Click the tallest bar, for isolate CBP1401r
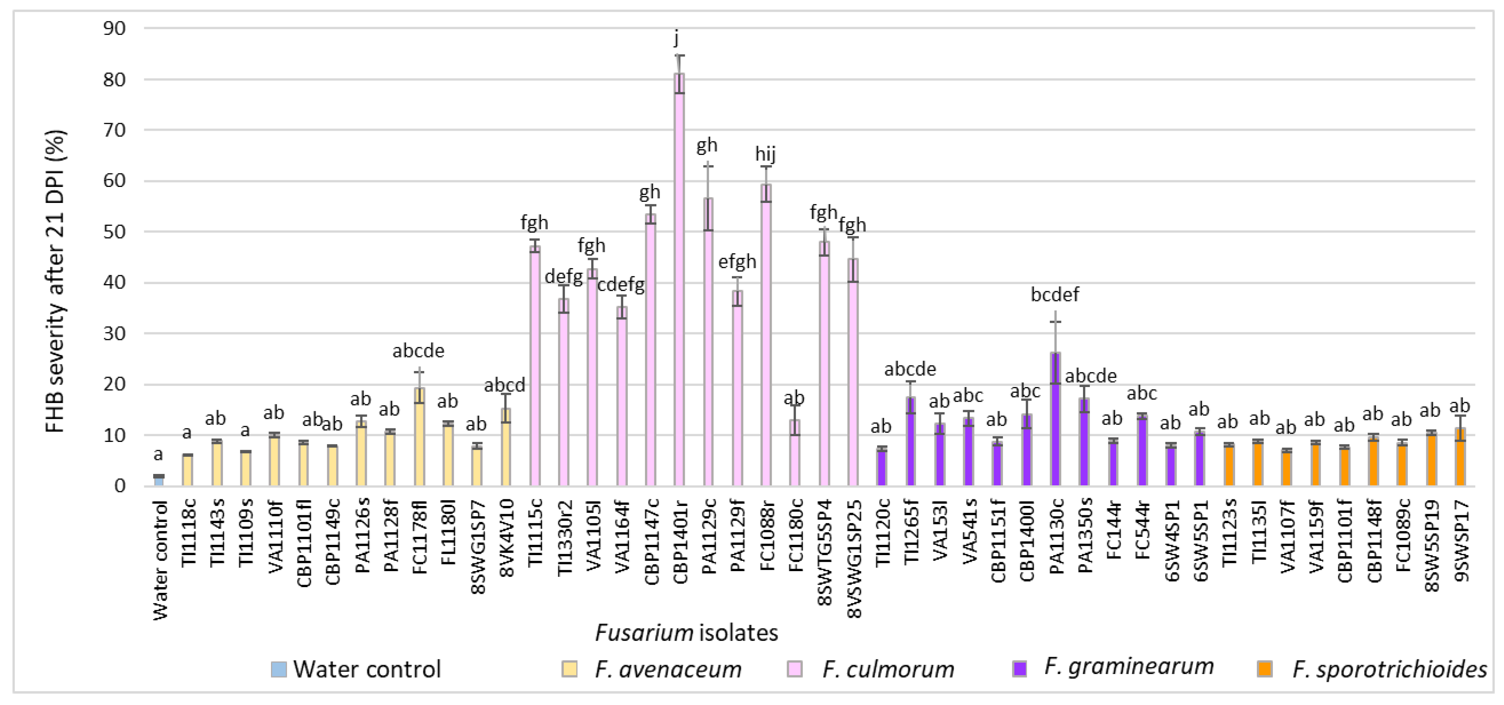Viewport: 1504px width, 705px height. point(679,280)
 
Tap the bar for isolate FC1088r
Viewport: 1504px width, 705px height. point(766,335)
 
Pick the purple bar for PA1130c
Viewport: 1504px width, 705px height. point(1055,420)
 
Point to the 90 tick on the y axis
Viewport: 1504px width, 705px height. point(114,28)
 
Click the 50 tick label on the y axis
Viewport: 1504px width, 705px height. point(114,232)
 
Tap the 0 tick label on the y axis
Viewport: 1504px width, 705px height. point(120,486)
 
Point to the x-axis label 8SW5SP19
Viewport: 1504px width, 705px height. point(1432,546)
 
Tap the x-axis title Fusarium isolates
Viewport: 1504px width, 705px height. point(687,633)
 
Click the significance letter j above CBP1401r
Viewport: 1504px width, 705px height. point(677,38)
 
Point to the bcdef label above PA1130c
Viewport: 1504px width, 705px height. point(1055,295)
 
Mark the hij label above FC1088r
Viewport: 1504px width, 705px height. point(765,154)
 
